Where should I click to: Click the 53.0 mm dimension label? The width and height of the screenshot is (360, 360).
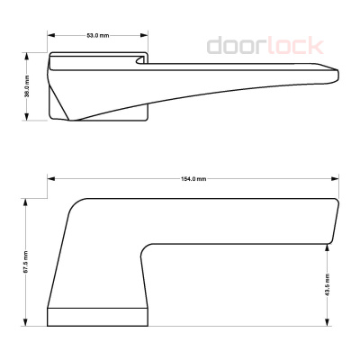pos(97,35)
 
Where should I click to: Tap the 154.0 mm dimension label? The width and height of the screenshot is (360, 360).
pos(193,179)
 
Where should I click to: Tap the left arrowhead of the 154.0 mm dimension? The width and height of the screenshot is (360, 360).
pos(49,179)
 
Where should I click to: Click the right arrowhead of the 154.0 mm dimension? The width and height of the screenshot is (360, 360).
pos(337,179)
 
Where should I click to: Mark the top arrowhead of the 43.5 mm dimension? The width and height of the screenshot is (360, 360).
pos(328,244)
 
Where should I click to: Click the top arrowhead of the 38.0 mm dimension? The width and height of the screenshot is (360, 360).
pos(28,56)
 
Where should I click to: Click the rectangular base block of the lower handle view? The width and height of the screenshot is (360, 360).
pos(96,316)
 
